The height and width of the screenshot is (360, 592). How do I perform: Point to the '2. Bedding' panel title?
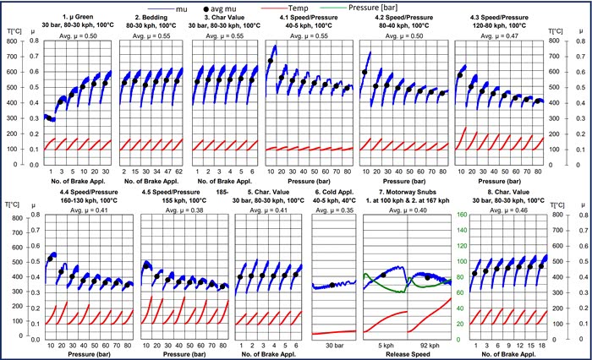pos(151,16)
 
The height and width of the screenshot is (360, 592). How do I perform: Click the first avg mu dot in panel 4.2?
pos(365,73)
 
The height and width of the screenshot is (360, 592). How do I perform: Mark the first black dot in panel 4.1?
pos(271,61)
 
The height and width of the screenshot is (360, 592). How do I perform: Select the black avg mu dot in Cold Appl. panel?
pos(332,284)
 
